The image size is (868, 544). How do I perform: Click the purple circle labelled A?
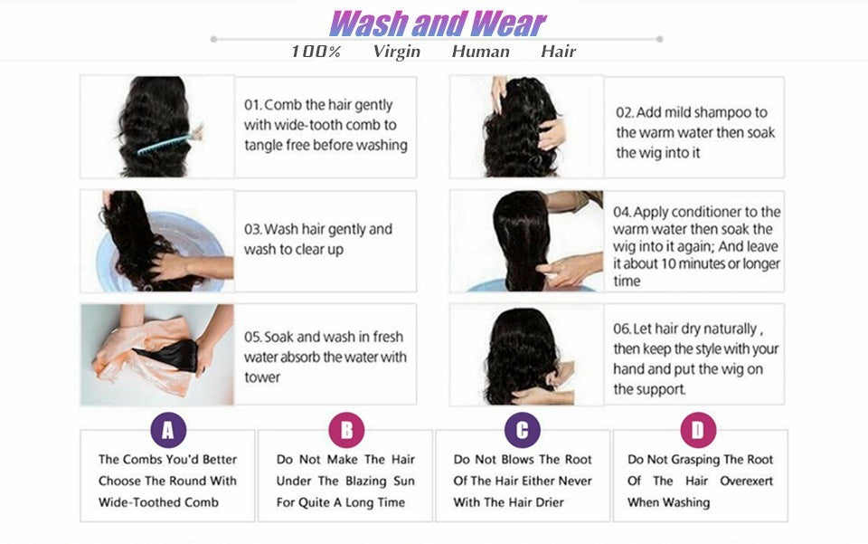click(167, 430)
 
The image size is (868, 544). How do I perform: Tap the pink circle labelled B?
click(346, 430)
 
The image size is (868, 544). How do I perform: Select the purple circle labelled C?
click(522, 430)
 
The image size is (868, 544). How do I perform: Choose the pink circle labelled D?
click(697, 430)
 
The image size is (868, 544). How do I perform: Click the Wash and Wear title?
click(437, 23)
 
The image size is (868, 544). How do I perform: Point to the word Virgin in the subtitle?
click(396, 52)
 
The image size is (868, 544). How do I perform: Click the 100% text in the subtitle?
click(316, 52)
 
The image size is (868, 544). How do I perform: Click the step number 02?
click(624, 113)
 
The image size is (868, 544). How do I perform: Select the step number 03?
click(252, 229)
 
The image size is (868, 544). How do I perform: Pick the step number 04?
click(621, 212)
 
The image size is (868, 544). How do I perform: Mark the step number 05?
click(252, 337)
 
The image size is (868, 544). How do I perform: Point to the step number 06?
click(622, 328)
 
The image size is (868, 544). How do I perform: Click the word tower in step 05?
click(262, 377)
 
